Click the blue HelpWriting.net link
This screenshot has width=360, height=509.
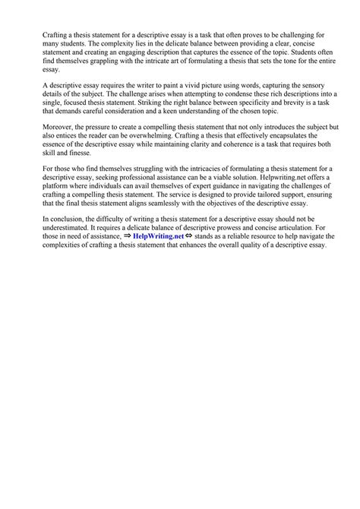pyautogui.click(x=162, y=237)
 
